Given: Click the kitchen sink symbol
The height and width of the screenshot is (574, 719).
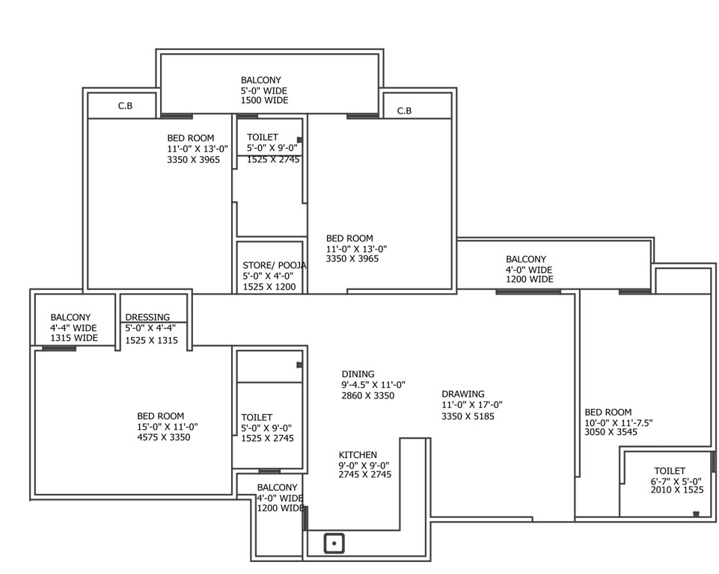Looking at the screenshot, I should pos(334,543).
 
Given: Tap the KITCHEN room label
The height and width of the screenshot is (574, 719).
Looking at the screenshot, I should pos(358,454).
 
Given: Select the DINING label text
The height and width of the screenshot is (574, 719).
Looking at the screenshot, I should pos(358,374).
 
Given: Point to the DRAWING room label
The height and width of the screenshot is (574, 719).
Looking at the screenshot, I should pos(462,394).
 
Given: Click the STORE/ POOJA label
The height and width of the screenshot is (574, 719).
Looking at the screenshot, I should pos(274,265).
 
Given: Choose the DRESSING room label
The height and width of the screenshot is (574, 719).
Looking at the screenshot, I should pos(147,317).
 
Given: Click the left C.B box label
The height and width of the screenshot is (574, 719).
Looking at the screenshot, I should pos(125,106).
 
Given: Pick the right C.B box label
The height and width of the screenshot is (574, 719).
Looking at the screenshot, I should pos(404,111).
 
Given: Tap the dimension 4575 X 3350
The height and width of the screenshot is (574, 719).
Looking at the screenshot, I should pos(164,437).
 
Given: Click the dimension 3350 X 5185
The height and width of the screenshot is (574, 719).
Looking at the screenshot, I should pos(468,416).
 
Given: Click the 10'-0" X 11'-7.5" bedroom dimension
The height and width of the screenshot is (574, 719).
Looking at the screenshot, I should pos(619,422).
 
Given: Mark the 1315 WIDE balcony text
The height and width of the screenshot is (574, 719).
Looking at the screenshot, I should pos(74,338).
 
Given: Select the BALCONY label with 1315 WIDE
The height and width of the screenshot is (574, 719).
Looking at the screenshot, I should pos(70,317).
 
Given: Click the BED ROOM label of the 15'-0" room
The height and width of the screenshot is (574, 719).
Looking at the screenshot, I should pos(160,416).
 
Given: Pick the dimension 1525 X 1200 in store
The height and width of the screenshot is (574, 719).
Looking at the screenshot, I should pos(269,286).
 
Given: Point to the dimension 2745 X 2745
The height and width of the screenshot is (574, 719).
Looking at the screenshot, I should pos(364,475).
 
